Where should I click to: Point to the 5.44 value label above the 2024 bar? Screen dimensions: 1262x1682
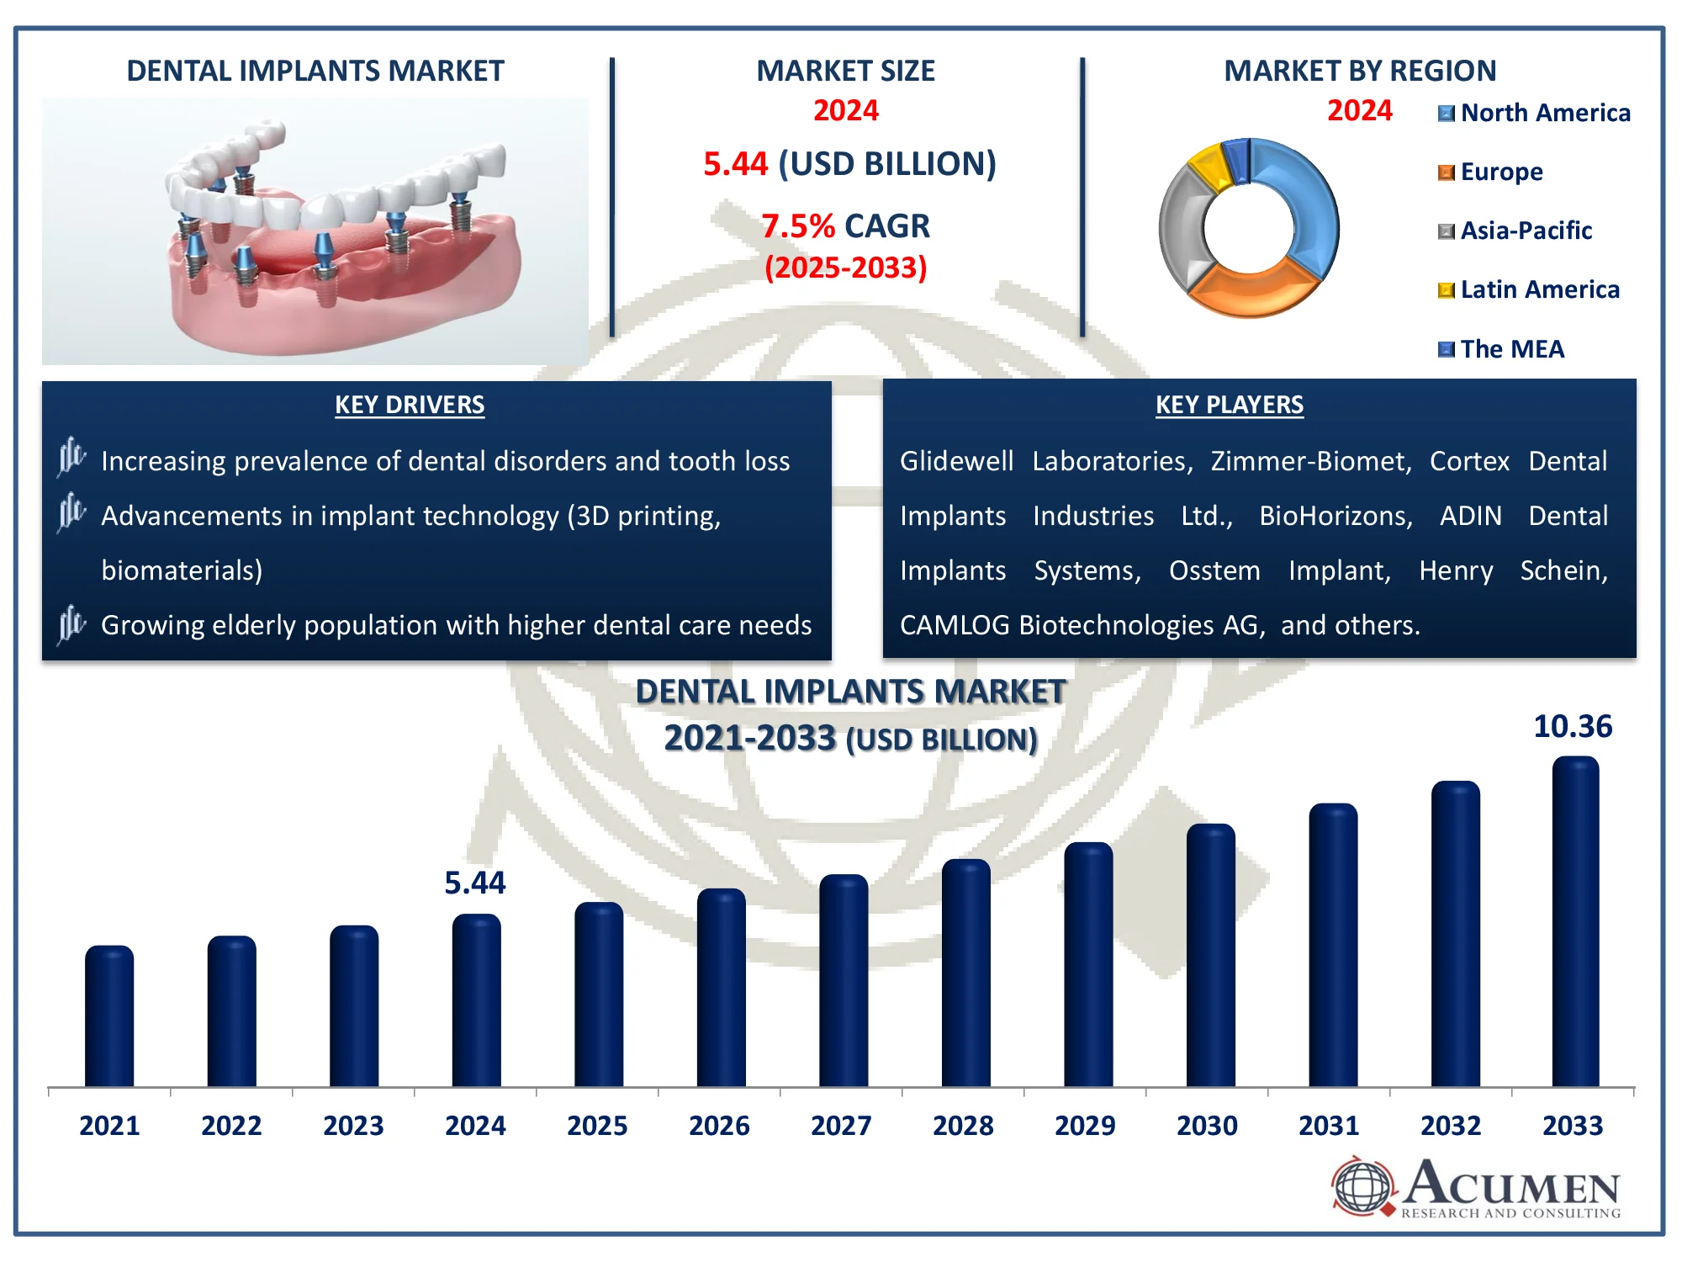tap(475, 883)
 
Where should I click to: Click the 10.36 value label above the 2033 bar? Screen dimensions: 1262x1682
tap(1573, 726)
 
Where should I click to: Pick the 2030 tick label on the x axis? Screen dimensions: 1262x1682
tap(1207, 1126)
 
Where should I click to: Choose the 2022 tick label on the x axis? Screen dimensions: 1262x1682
tap(231, 1126)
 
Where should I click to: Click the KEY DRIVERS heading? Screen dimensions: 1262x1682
tap(410, 405)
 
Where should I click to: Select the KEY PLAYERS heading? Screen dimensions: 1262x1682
tap(1230, 405)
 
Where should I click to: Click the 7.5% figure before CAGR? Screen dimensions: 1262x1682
tap(797, 226)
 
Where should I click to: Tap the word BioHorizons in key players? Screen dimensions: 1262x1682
tap(1336, 516)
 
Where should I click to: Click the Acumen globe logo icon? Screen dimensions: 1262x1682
tap(1362, 1186)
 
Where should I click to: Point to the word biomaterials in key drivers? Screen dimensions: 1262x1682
tap(182, 570)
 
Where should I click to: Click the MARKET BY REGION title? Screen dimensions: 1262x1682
tap(1360, 71)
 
